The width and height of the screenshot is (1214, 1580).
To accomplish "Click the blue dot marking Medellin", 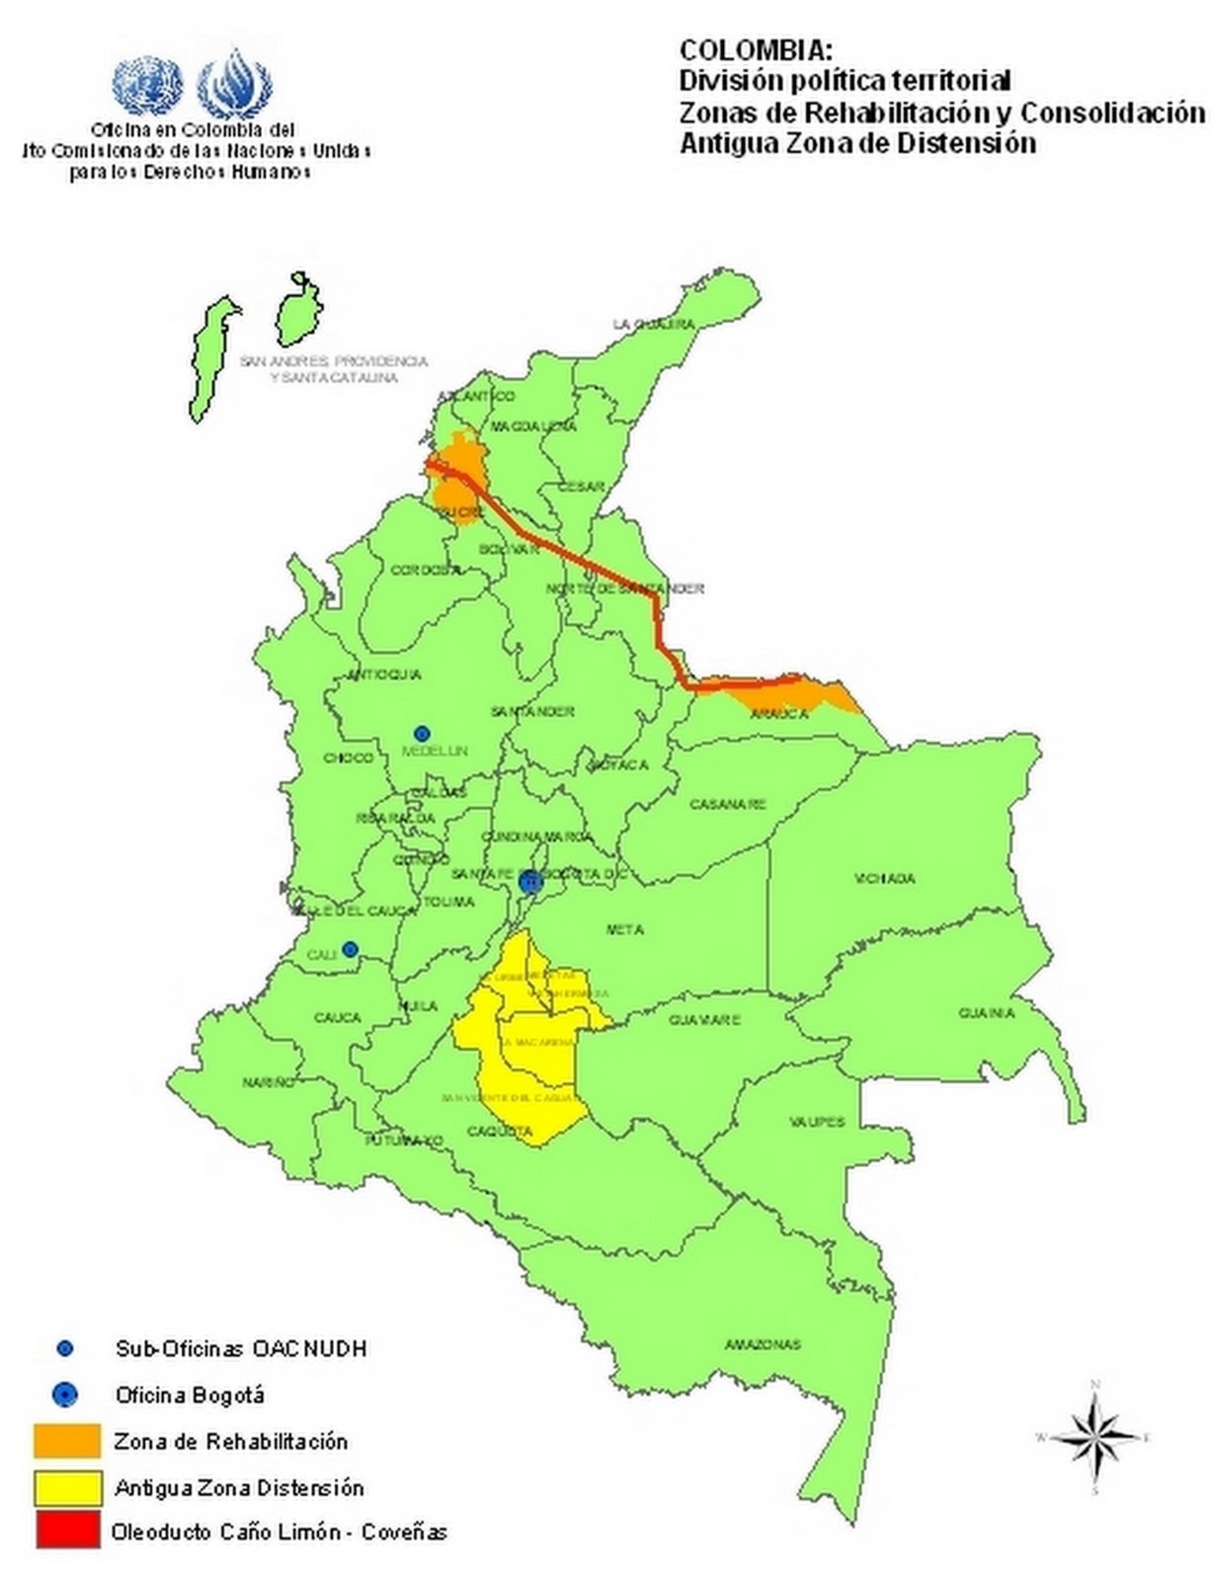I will [x=422, y=733].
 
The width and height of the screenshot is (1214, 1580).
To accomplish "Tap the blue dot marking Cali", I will [x=350, y=949].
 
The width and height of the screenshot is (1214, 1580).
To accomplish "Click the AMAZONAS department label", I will [x=762, y=1344].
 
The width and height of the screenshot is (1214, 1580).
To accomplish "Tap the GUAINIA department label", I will [x=986, y=1013].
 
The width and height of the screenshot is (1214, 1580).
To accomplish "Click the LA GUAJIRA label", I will [x=647, y=324].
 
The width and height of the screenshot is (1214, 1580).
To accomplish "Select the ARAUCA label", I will [x=779, y=714].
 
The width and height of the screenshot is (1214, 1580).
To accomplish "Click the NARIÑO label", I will [x=269, y=1082].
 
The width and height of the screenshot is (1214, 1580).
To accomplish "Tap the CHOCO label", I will [x=349, y=757].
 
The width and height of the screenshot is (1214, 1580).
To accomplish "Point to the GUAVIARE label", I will [x=704, y=1020].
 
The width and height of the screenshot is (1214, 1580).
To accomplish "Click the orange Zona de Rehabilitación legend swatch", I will [x=67, y=1441].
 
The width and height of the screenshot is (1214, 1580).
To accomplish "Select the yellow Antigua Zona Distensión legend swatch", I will [x=67, y=1487].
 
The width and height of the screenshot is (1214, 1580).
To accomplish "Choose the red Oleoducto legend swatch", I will [x=67, y=1531].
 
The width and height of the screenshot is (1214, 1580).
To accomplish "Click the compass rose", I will [x=1094, y=1436].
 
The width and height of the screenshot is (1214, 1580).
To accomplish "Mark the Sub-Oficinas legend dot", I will [x=65, y=1348].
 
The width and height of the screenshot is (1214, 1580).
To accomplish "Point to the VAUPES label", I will [x=817, y=1122].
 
